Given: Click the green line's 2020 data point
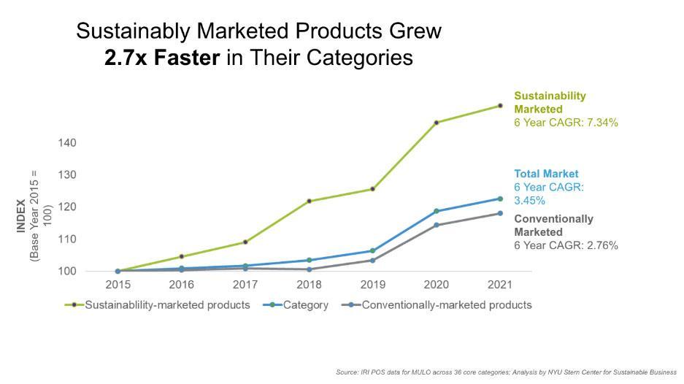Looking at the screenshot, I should [x=437, y=123].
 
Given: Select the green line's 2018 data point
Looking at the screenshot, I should [x=309, y=201].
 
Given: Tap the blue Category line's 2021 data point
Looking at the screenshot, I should [x=500, y=199].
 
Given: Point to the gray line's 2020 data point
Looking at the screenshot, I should [x=437, y=225].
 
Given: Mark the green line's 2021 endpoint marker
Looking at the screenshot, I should [x=500, y=106].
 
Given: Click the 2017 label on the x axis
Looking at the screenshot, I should [x=245, y=284].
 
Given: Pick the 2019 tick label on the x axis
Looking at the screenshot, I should [x=372, y=284].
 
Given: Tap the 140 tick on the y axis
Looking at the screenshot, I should [x=67, y=142].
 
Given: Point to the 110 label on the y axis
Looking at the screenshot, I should [x=67, y=239].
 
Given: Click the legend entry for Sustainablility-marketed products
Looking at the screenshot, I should [x=168, y=304].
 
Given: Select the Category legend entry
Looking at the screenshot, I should [x=305, y=304].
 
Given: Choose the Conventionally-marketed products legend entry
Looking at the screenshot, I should [x=446, y=304].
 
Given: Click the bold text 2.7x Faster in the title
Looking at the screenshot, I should [x=161, y=58].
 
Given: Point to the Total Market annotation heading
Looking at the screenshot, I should [x=546, y=174].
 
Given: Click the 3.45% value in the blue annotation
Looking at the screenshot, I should [x=530, y=200].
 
